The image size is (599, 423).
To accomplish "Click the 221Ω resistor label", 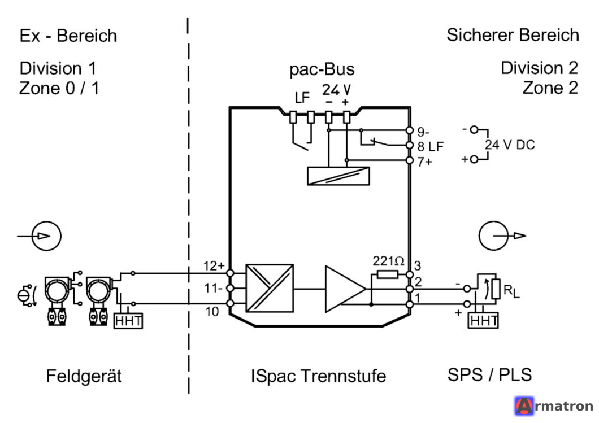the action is click(388, 261).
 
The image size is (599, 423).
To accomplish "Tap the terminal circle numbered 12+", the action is click(230, 273).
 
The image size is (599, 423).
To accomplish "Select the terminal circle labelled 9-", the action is click(410, 130).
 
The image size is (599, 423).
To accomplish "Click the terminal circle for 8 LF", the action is click(410, 146).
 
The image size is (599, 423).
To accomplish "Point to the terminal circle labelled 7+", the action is click(410, 160).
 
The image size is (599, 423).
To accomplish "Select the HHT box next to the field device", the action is click(128, 321).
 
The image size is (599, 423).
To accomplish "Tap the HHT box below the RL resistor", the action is click(483, 320).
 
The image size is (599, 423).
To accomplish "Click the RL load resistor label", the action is click(511, 291).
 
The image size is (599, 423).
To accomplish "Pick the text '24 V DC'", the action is click(510, 145).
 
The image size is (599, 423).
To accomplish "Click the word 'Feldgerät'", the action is click(84, 376).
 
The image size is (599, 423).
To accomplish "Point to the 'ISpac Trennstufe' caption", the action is click(318, 376).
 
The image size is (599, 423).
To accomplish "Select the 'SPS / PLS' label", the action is click(490, 374).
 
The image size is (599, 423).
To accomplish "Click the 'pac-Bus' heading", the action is click(322, 69).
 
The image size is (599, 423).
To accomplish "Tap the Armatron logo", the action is click(554, 406).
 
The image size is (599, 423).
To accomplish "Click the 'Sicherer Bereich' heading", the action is click(513, 35).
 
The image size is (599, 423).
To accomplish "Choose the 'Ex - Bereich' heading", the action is click(68, 36).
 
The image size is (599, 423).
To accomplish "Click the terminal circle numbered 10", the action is click(230, 303).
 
